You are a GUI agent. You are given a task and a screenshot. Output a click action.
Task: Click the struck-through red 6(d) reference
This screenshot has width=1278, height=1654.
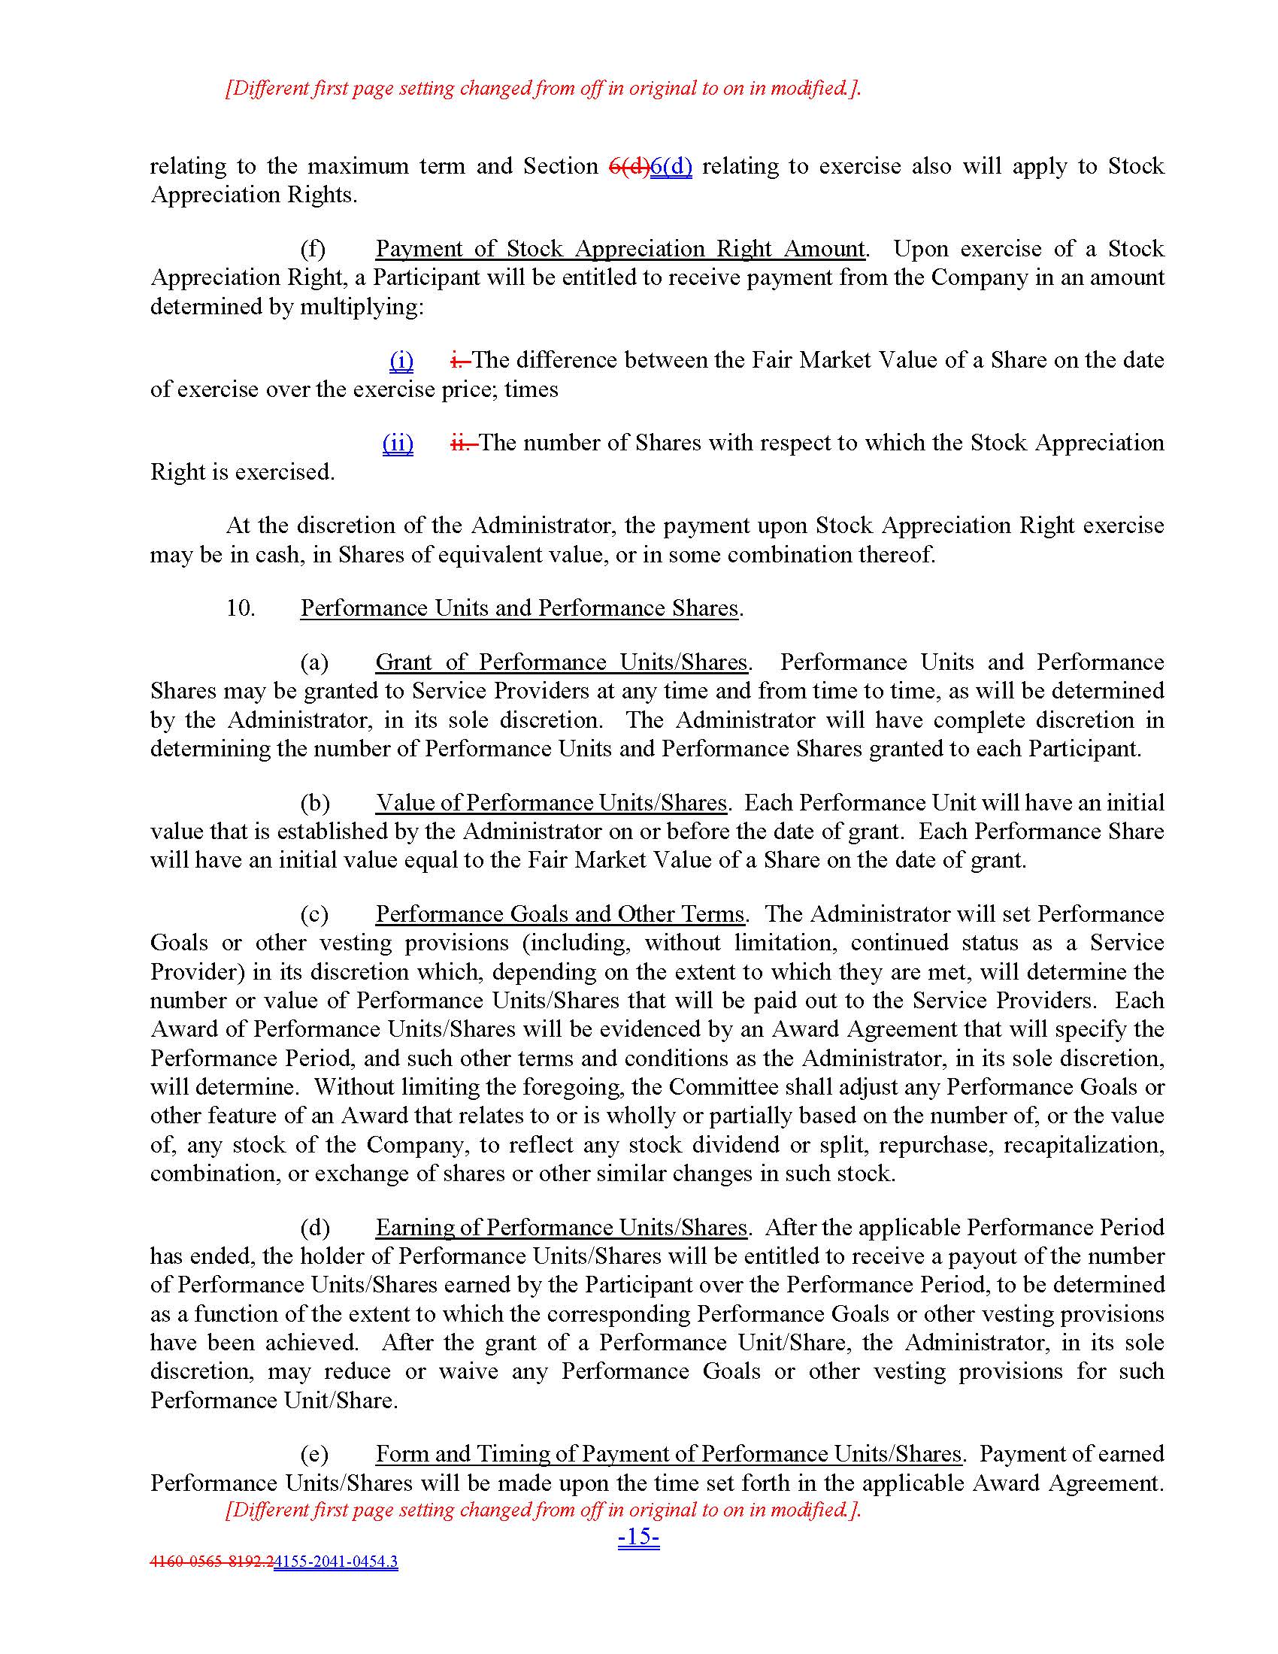pos(629,166)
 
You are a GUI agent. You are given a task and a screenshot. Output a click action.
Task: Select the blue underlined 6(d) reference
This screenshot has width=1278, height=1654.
pos(671,166)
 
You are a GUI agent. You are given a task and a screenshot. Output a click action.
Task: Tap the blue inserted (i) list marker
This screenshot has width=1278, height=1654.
pos(401,359)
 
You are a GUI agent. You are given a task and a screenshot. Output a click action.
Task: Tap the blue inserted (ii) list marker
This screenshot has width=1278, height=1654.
pos(398,442)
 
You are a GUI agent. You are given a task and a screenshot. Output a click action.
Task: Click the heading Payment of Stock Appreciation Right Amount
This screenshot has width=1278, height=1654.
pos(619,248)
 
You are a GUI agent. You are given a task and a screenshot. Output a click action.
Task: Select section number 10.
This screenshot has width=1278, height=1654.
pos(240,607)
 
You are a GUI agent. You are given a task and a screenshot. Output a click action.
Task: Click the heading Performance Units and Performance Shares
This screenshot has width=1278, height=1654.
pos(519,607)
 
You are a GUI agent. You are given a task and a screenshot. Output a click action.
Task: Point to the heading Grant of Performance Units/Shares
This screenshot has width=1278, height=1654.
pos(561,662)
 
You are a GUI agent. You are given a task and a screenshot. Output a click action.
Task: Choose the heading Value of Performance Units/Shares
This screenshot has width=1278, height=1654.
pos(551,802)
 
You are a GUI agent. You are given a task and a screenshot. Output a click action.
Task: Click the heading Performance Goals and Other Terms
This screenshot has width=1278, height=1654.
pos(560,913)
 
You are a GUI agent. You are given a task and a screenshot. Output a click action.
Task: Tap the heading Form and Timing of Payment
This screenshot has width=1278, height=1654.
pos(668,1453)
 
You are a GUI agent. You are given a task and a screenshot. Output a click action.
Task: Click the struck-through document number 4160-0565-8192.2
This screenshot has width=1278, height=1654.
pos(212,1561)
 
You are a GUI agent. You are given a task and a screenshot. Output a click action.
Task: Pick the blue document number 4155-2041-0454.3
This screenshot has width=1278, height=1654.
pos(335,1561)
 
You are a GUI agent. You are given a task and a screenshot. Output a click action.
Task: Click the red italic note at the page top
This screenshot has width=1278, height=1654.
pos(543,88)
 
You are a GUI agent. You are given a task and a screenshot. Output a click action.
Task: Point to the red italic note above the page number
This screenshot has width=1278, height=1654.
pos(543,1510)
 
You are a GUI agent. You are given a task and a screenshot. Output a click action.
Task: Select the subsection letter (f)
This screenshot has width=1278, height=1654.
pos(313,248)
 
